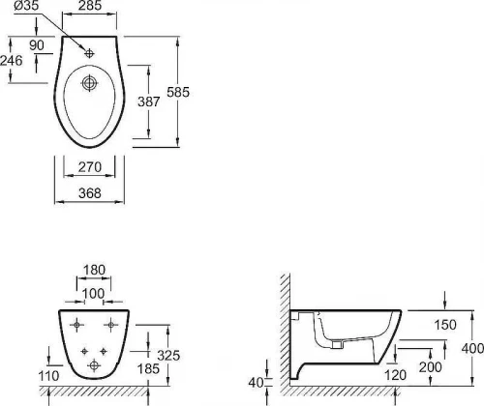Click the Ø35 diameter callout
[25, 6]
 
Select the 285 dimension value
[90, 5]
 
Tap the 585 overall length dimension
[178, 92]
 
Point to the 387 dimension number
[149, 101]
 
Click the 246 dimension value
[12, 61]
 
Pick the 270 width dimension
[90, 167]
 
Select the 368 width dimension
[90, 193]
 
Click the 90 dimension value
[37, 45]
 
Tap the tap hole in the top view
[89, 53]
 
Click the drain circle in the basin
[89, 83]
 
